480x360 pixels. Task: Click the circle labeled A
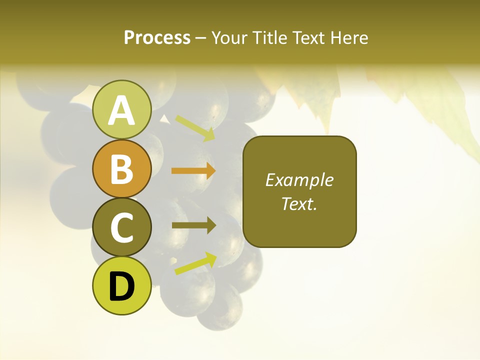point(122,110)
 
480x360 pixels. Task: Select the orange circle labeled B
point(122,169)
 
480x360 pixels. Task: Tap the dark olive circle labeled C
point(122,227)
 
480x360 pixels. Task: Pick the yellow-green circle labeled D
point(122,285)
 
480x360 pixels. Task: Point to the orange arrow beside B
point(193,171)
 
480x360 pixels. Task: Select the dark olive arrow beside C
point(193,225)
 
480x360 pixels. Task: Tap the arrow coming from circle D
point(195,263)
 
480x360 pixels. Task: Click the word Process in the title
point(157,37)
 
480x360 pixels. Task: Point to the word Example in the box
point(299,180)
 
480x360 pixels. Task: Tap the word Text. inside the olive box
point(299,203)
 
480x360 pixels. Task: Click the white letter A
point(122,110)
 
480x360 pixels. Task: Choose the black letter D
point(122,286)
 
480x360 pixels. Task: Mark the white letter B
point(122,169)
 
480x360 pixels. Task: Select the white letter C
point(122,227)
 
